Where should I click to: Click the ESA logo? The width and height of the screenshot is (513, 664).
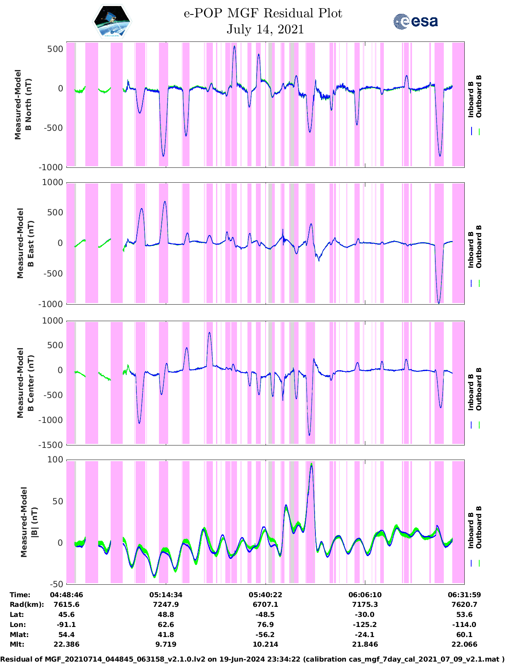pyautogui.click(x=416, y=21)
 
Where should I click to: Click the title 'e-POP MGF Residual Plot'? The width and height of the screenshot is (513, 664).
pyautogui.click(x=263, y=13)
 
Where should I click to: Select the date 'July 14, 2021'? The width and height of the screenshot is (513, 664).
pyautogui.click(x=265, y=29)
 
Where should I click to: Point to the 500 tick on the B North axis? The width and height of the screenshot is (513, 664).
pyautogui.click(x=55, y=49)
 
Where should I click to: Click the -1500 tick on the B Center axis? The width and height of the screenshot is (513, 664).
pyautogui.click(x=51, y=445)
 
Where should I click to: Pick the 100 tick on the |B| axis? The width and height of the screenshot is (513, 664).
pyautogui.click(x=55, y=460)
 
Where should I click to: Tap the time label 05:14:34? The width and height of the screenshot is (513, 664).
pyautogui.click(x=166, y=595)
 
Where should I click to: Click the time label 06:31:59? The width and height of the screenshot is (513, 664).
pyautogui.click(x=464, y=595)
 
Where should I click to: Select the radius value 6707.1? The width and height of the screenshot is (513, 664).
pyautogui.click(x=265, y=604)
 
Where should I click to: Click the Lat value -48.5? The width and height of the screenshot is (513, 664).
pyautogui.click(x=265, y=615)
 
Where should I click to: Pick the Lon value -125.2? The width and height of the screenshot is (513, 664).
pyautogui.click(x=365, y=625)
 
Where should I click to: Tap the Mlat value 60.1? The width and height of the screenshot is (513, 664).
pyautogui.click(x=464, y=635)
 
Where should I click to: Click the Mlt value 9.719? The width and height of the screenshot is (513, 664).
pyautogui.click(x=166, y=644)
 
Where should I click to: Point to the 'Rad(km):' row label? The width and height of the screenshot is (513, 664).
pyautogui.click(x=27, y=604)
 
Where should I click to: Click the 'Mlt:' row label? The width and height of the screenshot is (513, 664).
pyautogui.click(x=17, y=644)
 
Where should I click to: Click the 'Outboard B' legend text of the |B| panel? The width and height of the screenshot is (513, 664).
pyautogui.click(x=479, y=527)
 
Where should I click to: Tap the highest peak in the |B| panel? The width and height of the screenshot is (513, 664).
pyautogui.click(x=311, y=464)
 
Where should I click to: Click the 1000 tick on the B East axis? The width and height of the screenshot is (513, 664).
pyautogui.click(x=53, y=182)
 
